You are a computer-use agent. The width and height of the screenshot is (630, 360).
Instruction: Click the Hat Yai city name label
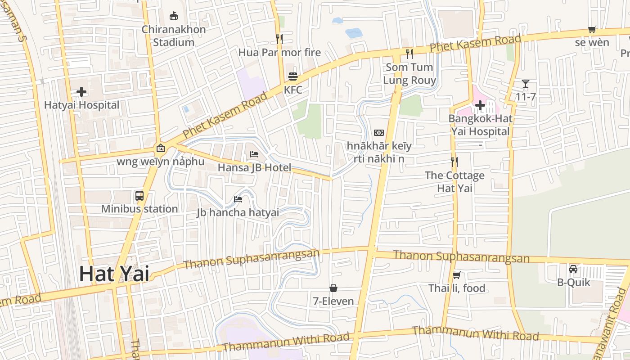point(114,274)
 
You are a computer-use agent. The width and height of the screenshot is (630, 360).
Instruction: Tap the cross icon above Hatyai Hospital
point(81,92)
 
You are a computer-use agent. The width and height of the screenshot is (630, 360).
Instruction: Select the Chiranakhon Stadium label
point(174,36)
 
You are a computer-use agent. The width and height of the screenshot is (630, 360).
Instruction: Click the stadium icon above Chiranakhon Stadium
point(174,16)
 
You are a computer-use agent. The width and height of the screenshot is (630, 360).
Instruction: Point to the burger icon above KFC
point(293,76)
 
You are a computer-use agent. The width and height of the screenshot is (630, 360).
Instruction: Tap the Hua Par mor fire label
point(279,52)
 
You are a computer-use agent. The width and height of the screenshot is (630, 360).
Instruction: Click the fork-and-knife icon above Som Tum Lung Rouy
point(409,54)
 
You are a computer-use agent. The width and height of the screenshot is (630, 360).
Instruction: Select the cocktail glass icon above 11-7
point(525,83)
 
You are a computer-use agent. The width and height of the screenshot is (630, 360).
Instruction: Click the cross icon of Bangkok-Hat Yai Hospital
point(480,106)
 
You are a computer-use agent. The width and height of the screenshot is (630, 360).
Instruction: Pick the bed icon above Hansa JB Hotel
point(254,154)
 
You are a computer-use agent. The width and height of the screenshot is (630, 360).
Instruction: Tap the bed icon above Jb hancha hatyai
point(238,199)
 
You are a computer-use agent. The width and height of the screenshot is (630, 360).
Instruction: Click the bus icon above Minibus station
point(139,196)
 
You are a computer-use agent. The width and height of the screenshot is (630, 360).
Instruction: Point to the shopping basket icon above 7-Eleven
point(333,288)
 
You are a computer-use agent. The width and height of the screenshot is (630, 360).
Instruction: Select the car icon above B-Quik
point(573,269)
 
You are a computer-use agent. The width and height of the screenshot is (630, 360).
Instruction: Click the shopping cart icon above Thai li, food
point(456,275)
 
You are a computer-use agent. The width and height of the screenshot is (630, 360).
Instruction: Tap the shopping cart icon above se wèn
point(592,30)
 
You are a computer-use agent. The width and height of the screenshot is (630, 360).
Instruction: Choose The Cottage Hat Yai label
point(454,181)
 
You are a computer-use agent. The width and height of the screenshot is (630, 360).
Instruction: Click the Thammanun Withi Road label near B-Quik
point(475,333)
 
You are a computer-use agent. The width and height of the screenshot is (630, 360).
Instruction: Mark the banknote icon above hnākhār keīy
point(379,133)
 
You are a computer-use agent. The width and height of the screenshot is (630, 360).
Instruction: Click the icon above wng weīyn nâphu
point(160,148)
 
